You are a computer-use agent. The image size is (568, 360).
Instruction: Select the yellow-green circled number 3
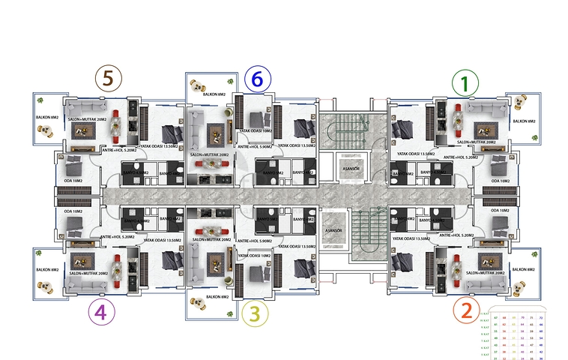(x=256, y=313)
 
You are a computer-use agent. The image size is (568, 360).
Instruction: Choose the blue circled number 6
(x=257, y=78)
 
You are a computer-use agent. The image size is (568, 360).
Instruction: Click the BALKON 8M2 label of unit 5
(x=47, y=118)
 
